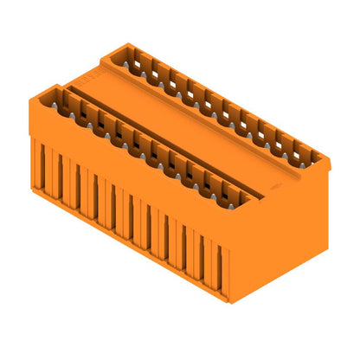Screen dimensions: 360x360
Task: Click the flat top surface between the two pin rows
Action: click(x=190, y=130)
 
